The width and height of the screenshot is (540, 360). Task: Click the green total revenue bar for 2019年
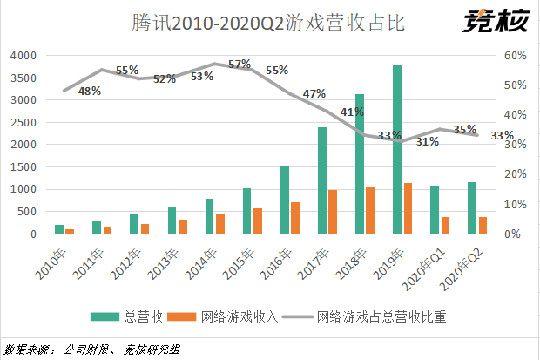[397, 149]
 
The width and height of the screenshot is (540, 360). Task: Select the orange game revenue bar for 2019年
[408, 208]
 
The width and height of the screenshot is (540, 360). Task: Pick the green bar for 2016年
[284, 200]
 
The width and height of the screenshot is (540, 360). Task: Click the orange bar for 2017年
[333, 212]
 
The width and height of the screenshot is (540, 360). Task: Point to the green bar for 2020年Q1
[435, 210]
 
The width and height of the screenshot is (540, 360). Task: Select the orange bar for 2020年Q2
[483, 225]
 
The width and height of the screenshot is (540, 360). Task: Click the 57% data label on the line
[240, 64]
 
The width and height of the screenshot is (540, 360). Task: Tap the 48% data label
[90, 91]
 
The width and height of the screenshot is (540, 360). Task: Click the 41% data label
[352, 112]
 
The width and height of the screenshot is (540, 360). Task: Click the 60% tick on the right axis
[516, 55]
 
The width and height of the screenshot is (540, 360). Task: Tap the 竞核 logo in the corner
[496, 19]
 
